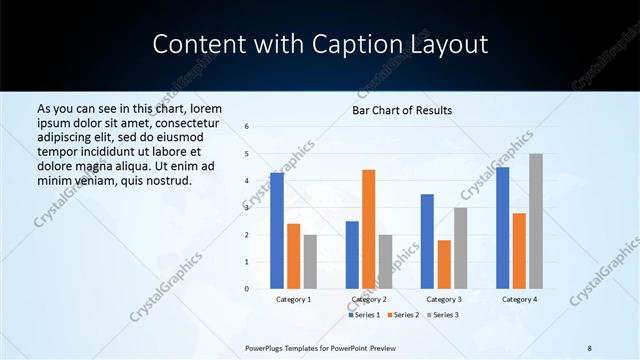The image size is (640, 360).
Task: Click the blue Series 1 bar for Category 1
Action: (277, 231)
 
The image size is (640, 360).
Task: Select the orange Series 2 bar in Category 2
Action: (368, 229)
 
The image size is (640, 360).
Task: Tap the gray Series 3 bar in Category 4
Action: (536, 221)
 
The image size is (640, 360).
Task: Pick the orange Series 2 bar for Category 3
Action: (444, 264)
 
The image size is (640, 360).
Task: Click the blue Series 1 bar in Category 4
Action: (502, 228)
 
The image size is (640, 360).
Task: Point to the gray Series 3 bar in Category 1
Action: (310, 262)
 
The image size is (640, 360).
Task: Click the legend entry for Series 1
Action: (364, 315)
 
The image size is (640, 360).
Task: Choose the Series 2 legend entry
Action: (404, 315)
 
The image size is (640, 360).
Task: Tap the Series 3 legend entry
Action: (444, 315)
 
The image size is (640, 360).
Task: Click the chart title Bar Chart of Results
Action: (402, 110)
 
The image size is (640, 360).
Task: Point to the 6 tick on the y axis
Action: (247, 127)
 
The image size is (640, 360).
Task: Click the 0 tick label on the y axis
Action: (247, 289)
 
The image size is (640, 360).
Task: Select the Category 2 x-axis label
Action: (369, 299)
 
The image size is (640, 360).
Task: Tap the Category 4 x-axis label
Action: (519, 299)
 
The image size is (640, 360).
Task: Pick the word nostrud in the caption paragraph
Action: (167, 180)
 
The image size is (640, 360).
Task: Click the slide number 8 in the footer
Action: (589, 347)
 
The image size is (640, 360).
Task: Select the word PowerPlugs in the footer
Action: (268, 347)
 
